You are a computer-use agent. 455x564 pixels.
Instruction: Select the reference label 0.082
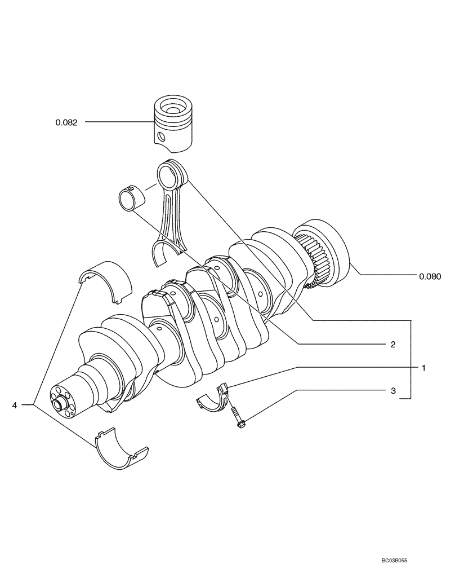pyautogui.click(x=66, y=122)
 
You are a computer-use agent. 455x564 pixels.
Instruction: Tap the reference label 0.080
pyautogui.click(x=430, y=276)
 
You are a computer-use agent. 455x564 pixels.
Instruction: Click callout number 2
pyautogui.click(x=392, y=343)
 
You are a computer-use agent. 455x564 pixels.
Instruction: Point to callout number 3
pyautogui.click(x=393, y=390)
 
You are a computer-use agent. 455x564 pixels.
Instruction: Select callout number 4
pyautogui.click(x=15, y=404)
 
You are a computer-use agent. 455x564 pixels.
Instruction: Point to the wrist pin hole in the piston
pyautogui.click(x=162, y=136)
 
